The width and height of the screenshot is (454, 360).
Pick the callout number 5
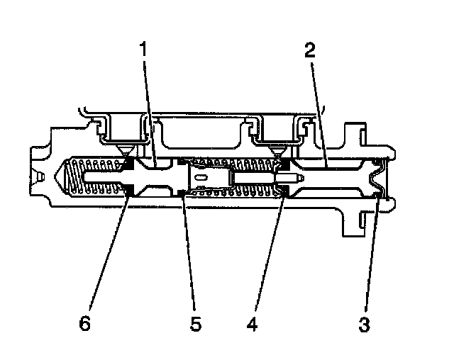coord(196,324)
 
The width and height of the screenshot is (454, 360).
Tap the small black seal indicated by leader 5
coord(183,191)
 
